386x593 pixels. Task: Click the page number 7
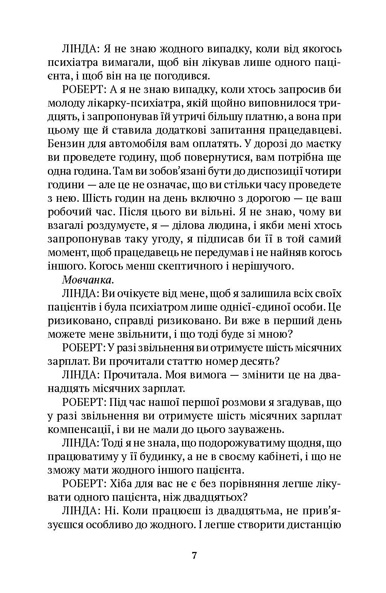click(195, 556)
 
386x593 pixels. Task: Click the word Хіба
click(124, 484)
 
